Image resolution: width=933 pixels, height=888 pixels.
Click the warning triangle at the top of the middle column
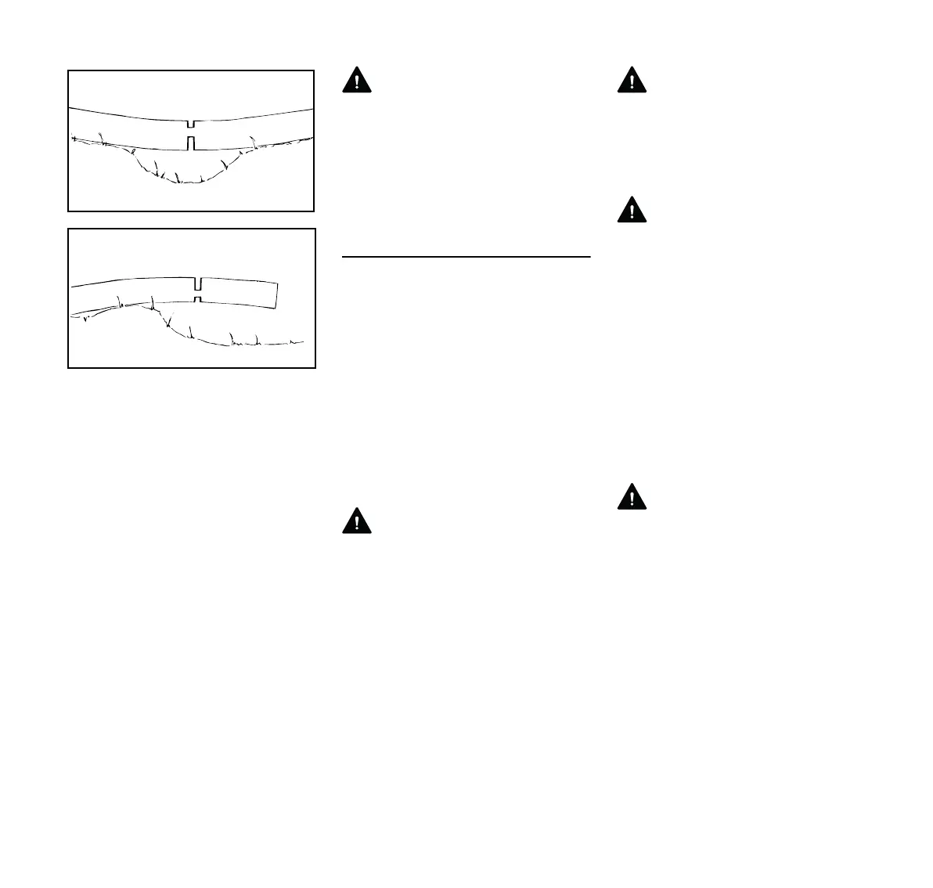[x=357, y=81]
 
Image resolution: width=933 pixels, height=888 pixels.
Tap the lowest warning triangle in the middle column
[x=357, y=521]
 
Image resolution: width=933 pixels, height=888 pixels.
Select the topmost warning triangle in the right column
[x=632, y=81]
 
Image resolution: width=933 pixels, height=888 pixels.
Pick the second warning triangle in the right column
[x=632, y=210]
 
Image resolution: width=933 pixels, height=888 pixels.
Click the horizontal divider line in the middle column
[x=466, y=256]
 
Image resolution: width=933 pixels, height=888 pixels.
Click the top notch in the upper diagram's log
[x=191, y=124]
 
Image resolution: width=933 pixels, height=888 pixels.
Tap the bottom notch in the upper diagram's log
[x=191, y=143]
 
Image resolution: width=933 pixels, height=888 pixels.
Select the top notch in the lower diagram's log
[x=198, y=283]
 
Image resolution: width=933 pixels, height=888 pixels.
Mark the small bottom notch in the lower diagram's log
[x=198, y=299]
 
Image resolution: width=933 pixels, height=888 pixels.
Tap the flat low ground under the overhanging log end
[x=258, y=343]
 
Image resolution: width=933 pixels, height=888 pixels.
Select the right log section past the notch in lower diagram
[x=239, y=293]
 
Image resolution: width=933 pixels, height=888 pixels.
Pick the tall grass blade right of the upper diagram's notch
[x=253, y=142]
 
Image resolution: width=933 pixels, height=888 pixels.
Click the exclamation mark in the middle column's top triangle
[x=357, y=82]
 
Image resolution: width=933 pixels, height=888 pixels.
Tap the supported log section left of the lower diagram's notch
[x=133, y=292]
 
